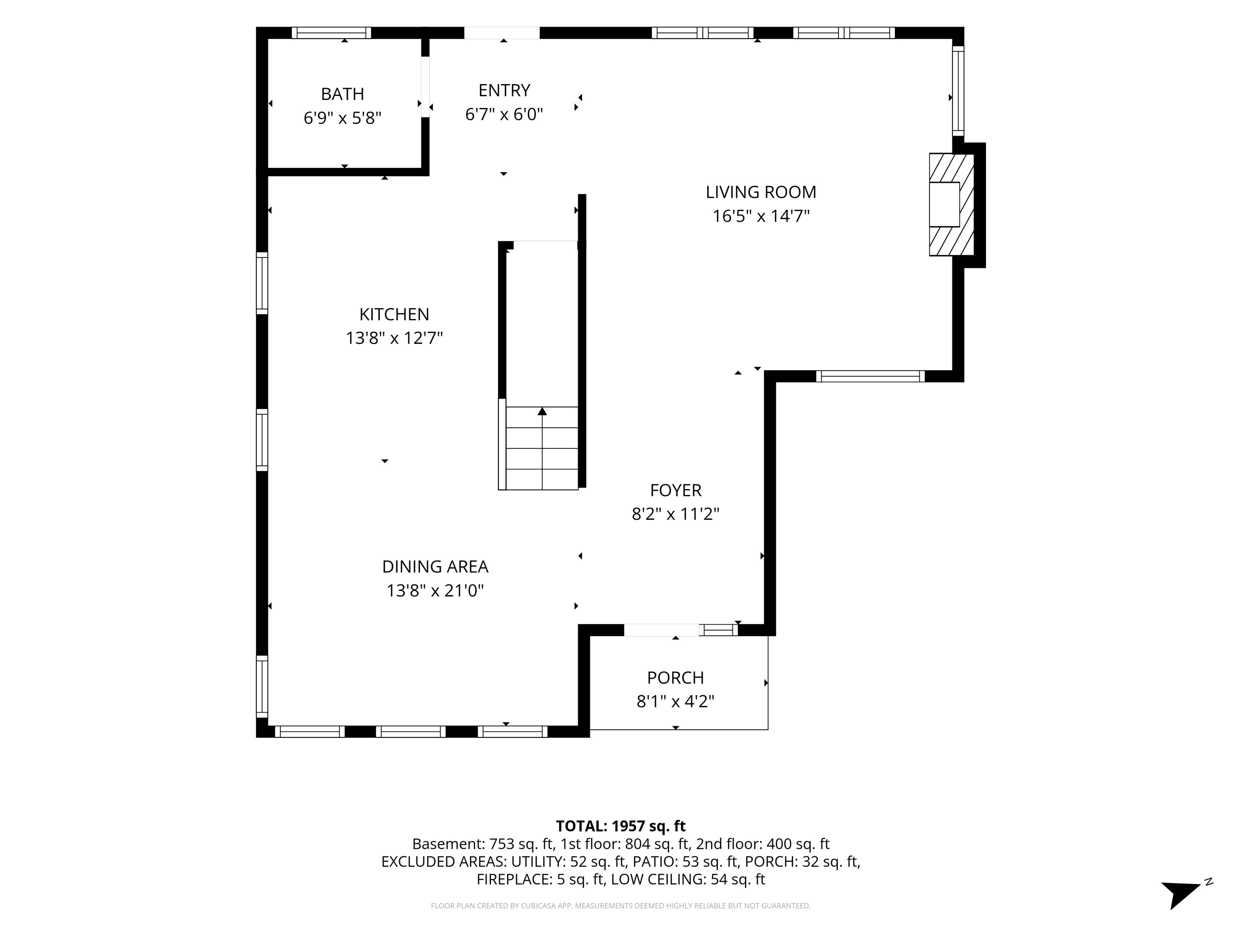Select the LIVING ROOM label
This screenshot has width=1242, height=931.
coord(761,192)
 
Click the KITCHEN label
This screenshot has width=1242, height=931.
coord(394,314)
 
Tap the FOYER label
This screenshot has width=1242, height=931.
coord(675,490)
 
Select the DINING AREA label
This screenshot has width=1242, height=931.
coord(435,567)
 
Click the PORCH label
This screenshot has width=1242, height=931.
coord(675,678)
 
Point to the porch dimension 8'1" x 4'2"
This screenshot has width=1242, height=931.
coord(675,701)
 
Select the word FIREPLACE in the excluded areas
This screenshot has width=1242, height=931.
coord(514,879)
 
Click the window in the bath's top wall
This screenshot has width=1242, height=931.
coord(331,33)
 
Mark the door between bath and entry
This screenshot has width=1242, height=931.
coord(426,87)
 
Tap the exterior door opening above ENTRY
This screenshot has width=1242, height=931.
coord(502,33)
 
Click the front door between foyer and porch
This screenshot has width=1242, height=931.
coord(661,630)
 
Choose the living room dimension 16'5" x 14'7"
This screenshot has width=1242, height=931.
coord(761,216)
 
